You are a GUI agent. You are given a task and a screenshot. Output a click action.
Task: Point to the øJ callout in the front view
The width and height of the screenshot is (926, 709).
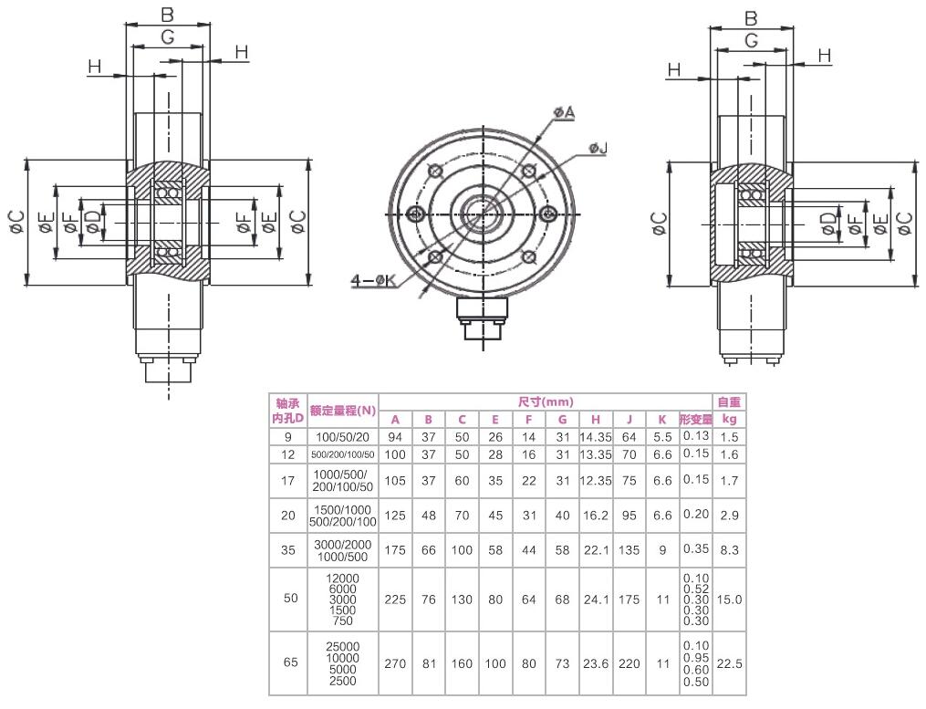(598, 148)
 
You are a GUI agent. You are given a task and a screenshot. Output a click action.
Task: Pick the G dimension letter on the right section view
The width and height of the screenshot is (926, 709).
(752, 40)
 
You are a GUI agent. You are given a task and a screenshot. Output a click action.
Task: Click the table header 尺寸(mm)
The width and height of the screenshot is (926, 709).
(545, 402)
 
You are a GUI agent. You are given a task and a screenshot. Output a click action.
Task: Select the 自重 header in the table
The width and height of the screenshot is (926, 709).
(729, 402)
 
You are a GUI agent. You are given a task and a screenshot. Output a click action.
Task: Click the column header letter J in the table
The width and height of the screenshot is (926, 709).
(629, 420)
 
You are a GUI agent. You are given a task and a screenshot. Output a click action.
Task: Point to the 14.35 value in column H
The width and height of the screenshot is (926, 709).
(589, 437)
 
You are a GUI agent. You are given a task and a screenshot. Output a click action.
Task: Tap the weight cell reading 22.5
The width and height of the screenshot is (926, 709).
(729, 663)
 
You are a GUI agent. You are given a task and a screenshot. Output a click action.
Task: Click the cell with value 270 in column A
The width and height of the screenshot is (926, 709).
(395, 663)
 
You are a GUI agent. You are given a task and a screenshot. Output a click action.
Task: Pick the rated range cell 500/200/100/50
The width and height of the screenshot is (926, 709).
(342, 454)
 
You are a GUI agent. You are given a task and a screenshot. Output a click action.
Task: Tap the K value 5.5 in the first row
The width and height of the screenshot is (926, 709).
(662, 437)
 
